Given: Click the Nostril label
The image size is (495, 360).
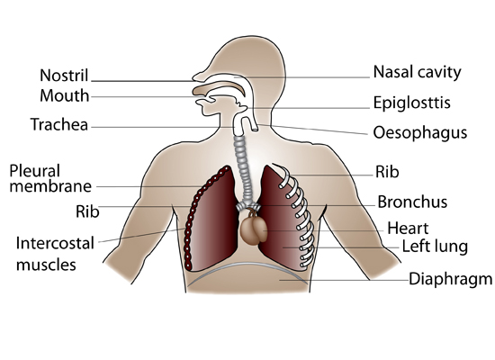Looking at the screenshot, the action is [64, 76].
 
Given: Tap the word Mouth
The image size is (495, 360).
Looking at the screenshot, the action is [65, 95].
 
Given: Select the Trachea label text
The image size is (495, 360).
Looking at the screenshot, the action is [59, 124].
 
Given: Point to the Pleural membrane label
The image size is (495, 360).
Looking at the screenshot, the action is [50, 178].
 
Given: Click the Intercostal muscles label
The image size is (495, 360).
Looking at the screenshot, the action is [55, 254].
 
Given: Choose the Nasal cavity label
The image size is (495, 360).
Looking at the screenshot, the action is [417, 72].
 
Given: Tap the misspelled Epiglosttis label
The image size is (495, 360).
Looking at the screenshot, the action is [411, 103].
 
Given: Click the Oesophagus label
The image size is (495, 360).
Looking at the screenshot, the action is [420, 132].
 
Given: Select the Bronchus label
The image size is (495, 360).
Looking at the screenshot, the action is [412, 202].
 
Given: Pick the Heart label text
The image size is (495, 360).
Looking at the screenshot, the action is [408, 228].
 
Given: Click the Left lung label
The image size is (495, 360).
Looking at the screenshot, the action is [435, 247].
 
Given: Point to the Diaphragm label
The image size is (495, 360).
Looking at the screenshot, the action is [451, 280].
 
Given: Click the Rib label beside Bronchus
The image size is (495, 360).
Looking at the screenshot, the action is [387, 172].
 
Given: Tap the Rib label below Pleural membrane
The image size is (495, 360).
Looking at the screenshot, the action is [87, 211].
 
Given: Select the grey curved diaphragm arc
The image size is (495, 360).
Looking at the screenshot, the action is [247, 268].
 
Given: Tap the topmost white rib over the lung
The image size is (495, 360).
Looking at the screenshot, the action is [283, 175].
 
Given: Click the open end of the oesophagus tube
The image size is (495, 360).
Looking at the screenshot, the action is [255, 129].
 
